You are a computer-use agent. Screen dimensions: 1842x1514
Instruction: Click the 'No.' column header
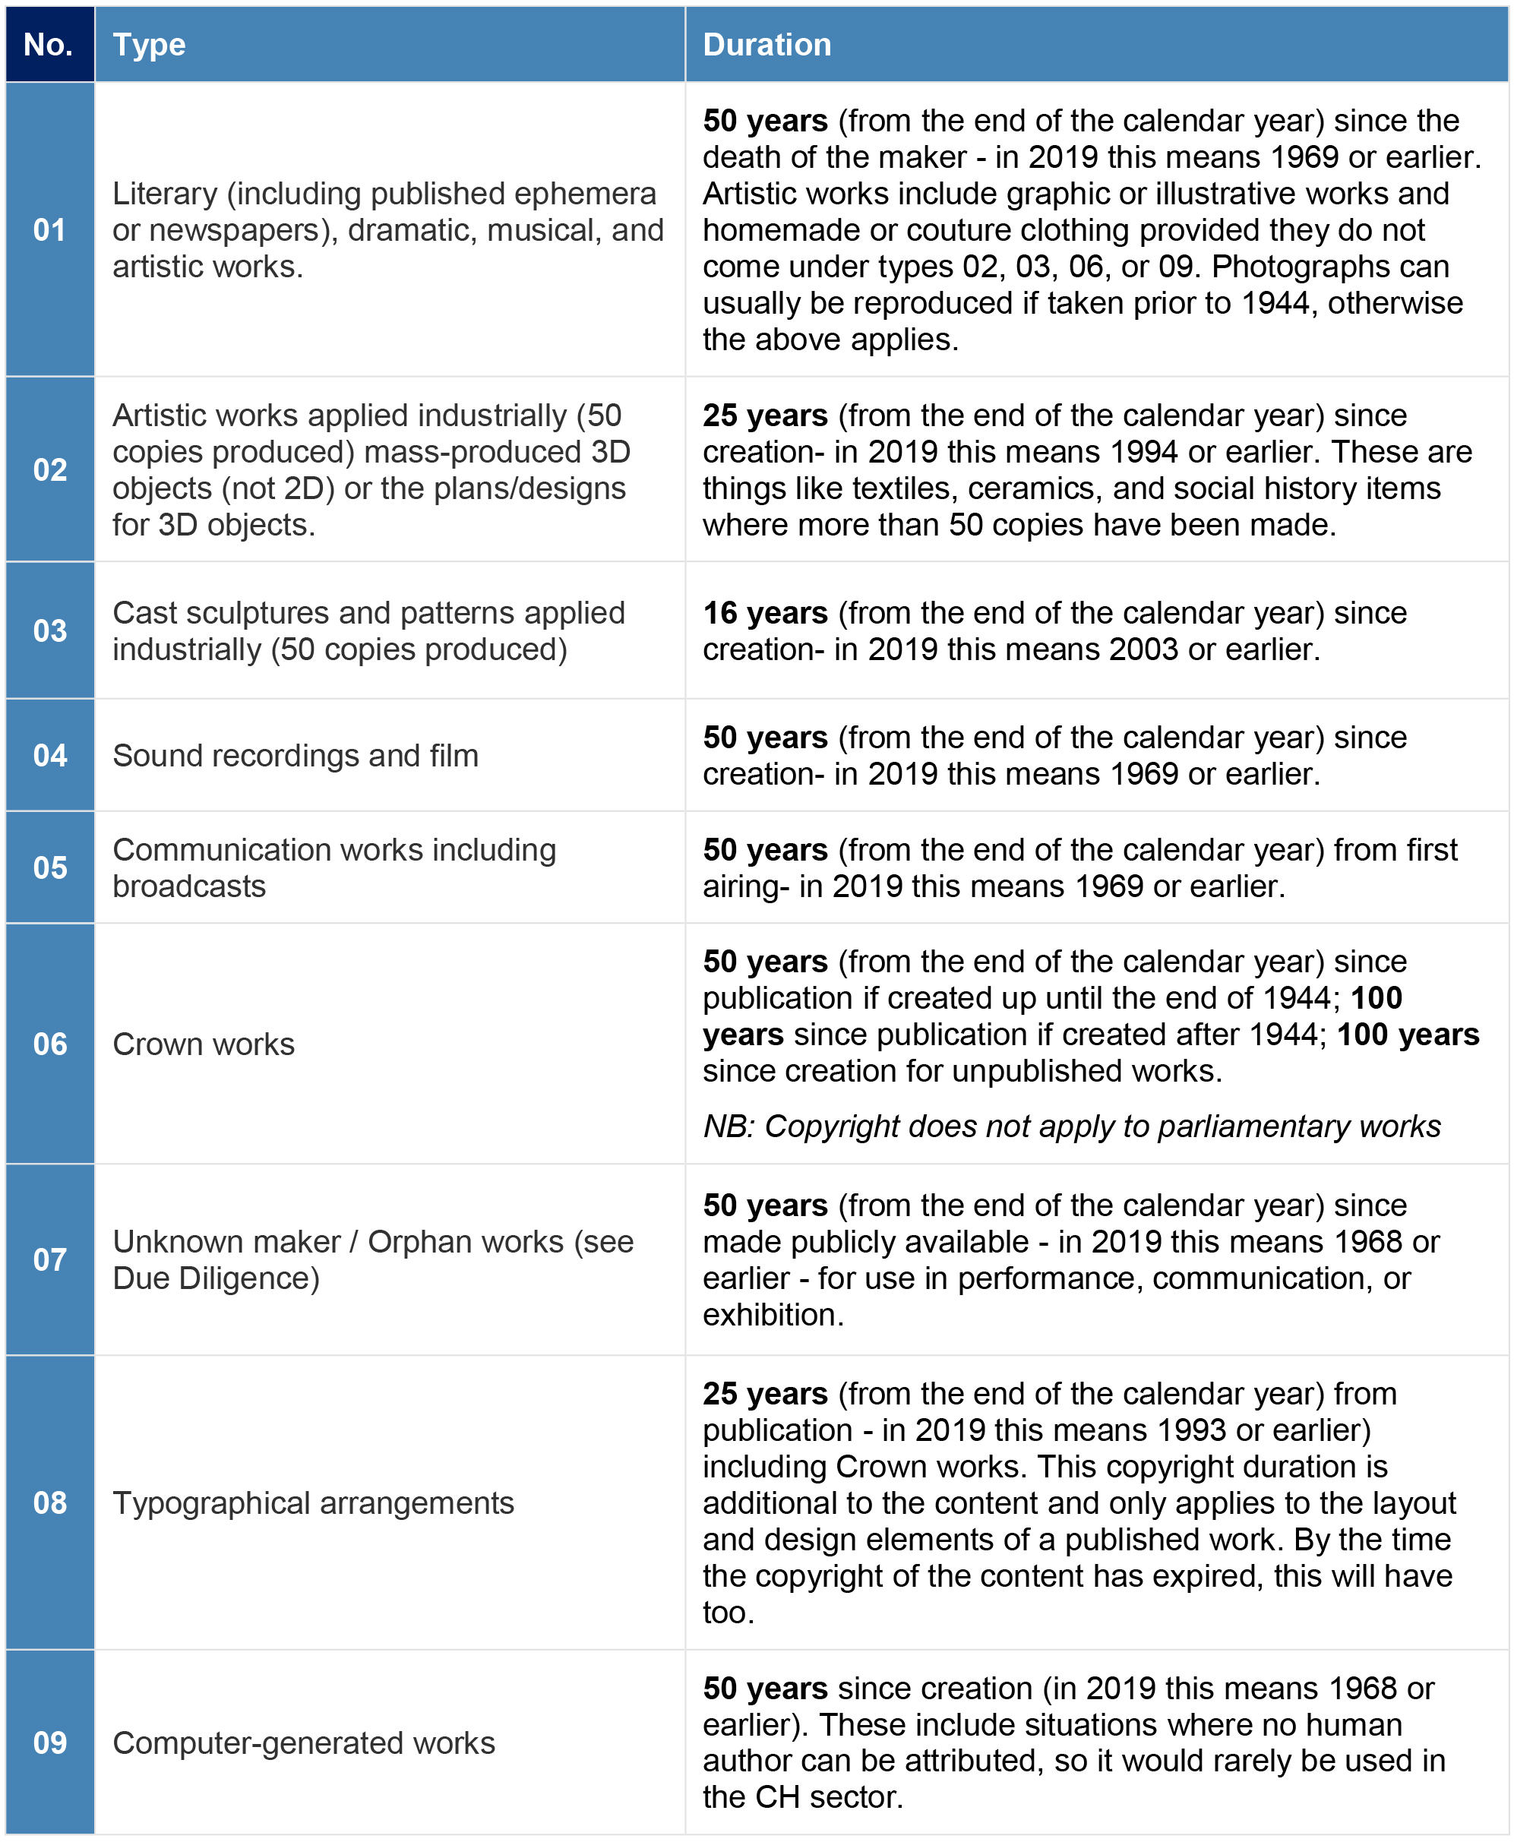click(x=49, y=45)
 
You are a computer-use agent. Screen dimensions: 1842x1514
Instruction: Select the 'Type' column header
click(x=149, y=45)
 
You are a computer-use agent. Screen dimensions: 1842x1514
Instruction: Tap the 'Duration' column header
click(x=766, y=45)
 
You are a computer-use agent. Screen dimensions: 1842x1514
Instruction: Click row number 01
click(x=49, y=230)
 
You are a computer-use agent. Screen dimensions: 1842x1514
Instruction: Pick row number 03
click(x=49, y=630)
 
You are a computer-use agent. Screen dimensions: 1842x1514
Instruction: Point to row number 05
click(x=49, y=867)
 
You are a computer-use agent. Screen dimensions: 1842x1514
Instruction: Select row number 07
click(x=49, y=1259)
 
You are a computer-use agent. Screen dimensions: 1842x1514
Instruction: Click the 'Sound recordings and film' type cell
click(x=296, y=755)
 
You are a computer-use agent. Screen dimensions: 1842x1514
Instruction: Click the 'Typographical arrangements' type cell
click(x=313, y=1502)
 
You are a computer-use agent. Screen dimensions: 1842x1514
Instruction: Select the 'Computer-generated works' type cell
click(x=304, y=1742)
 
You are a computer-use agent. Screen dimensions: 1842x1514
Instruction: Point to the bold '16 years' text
click(x=765, y=613)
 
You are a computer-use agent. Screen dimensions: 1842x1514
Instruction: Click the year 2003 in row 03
click(x=1142, y=649)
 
